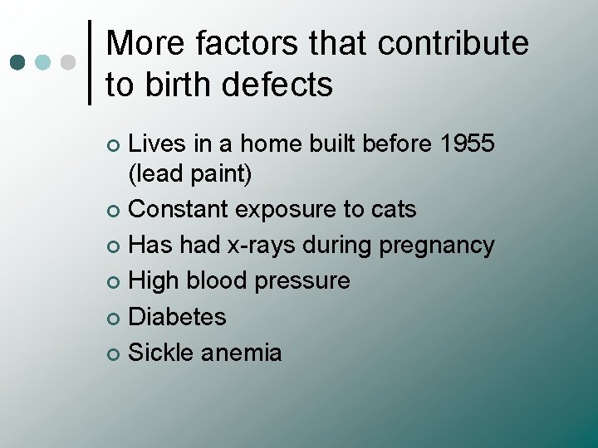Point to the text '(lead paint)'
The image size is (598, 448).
(x=190, y=174)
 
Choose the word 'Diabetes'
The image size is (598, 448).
(x=178, y=317)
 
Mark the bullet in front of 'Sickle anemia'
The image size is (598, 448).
(x=114, y=354)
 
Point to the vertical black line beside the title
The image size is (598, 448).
(x=90, y=63)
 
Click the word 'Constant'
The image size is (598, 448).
(x=179, y=210)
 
